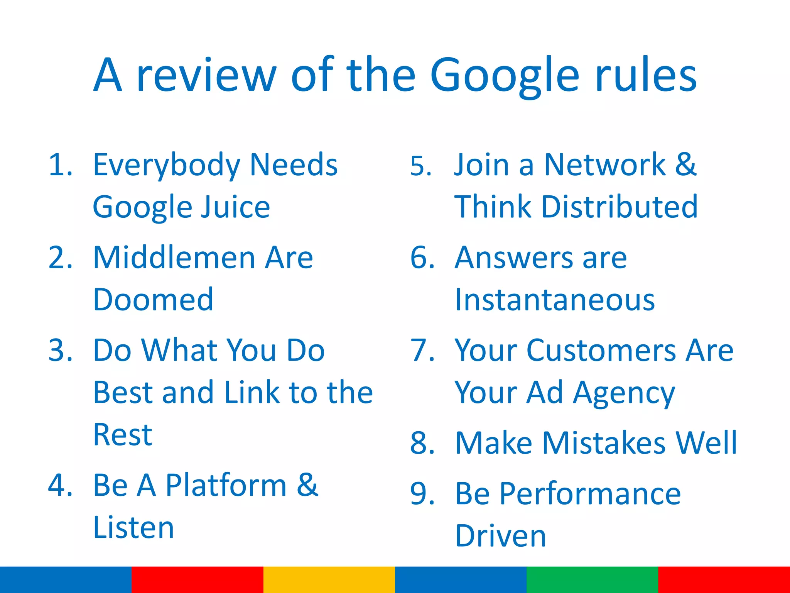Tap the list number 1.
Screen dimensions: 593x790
click(60, 165)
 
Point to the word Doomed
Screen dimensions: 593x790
click(153, 300)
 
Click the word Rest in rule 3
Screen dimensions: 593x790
click(123, 435)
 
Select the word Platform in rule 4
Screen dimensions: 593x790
click(226, 485)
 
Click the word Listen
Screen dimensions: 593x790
click(133, 528)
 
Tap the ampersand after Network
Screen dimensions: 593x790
click(685, 165)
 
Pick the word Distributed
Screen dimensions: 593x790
click(620, 207)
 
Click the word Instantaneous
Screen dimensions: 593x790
click(555, 300)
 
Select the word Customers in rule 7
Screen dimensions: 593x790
click(601, 351)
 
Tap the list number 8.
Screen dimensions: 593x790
click(422, 443)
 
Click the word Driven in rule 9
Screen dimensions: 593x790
click(500, 536)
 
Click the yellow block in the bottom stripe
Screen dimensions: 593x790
click(329, 579)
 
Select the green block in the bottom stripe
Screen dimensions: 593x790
click(592, 579)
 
